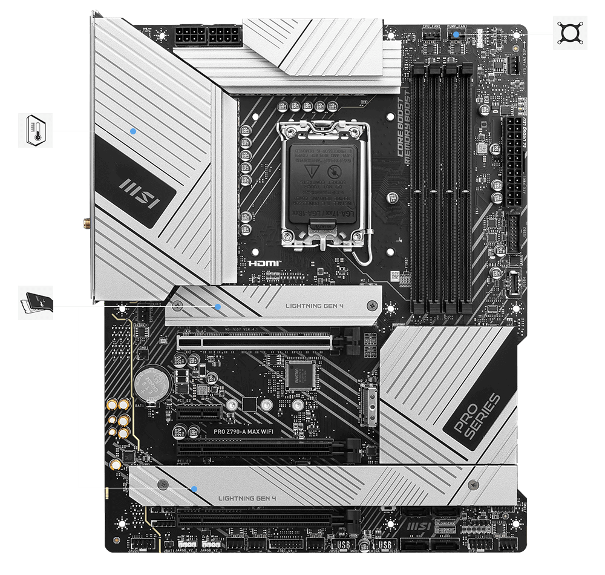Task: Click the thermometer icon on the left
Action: [35, 130]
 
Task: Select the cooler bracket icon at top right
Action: [570, 33]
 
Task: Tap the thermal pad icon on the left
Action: [35, 303]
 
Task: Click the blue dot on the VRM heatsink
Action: [134, 130]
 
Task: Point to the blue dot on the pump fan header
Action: [456, 34]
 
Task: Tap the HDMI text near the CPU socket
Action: [261, 264]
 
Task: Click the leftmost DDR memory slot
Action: [419, 188]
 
